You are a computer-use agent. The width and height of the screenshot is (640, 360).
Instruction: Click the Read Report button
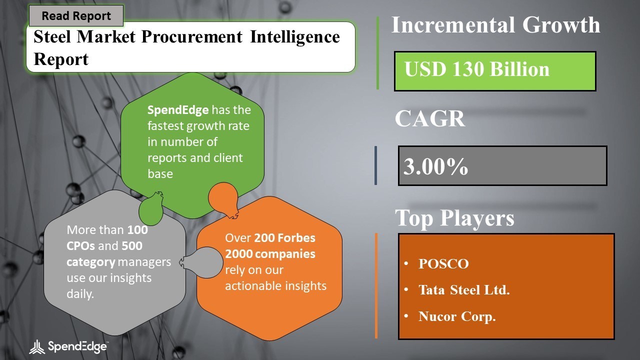[76, 15]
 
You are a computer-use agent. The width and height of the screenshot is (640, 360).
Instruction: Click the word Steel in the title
[52, 37]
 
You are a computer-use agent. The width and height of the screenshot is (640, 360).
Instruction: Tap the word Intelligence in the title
[294, 37]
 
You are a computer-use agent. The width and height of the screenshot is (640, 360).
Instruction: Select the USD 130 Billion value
[476, 69]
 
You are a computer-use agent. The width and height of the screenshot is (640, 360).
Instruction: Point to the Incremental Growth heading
[495, 25]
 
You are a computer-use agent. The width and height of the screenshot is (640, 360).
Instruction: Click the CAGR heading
[429, 118]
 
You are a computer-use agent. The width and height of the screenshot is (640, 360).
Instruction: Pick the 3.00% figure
[435, 166]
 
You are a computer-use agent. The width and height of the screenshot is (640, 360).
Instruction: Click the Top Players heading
[454, 217]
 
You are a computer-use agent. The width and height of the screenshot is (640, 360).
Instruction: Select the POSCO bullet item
[443, 263]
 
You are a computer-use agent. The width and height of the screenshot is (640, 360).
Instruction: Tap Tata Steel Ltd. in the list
[464, 290]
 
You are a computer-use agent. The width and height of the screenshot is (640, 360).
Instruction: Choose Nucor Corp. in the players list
[457, 316]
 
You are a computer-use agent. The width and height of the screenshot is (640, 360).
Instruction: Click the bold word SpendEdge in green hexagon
[177, 110]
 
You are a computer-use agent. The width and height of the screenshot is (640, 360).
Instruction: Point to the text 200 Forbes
[284, 237]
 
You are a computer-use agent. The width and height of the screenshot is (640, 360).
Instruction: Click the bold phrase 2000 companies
[270, 254]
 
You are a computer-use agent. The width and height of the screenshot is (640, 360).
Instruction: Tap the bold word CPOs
[80, 246]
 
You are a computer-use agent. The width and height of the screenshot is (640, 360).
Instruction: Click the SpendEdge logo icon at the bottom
[37, 347]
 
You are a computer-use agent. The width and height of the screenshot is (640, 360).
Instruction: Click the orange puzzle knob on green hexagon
[223, 200]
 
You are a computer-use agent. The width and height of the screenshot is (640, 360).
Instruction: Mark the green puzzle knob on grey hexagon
[151, 208]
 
